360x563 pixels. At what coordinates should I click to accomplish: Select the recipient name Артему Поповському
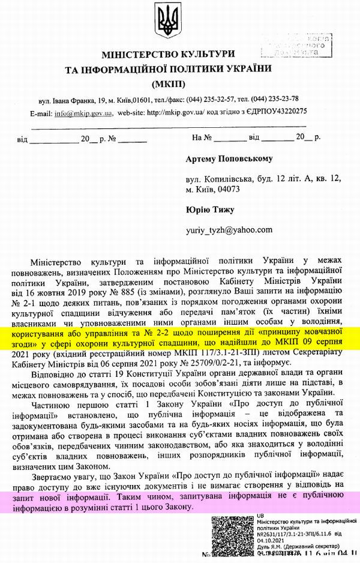[x=230, y=158]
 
